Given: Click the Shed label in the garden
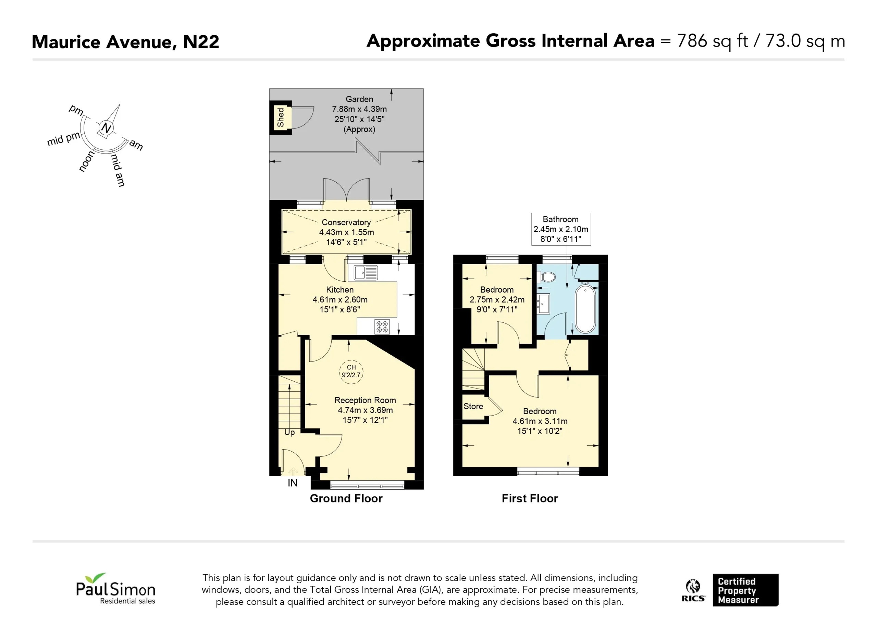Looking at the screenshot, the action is (x=281, y=118).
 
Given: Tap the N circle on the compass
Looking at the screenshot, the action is (x=106, y=128).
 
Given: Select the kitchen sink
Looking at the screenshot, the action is (x=366, y=273).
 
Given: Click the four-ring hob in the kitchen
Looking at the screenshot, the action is (x=382, y=327).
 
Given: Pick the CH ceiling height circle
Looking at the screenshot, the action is (x=351, y=371).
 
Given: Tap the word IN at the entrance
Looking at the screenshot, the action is (x=292, y=483).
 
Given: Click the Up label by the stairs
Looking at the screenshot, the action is (x=289, y=432).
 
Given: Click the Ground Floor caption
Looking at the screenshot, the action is (x=346, y=499).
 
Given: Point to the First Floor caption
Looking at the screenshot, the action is (x=530, y=499).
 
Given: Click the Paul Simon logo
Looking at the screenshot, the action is (x=115, y=589).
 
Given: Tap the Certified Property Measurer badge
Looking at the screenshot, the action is (x=745, y=590).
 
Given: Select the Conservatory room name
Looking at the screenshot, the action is (x=346, y=222).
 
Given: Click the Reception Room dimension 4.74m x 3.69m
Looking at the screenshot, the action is (x=366, y=410).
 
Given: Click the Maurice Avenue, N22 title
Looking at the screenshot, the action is (x=125, y=42).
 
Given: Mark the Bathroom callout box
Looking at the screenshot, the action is (x=561, y=229).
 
